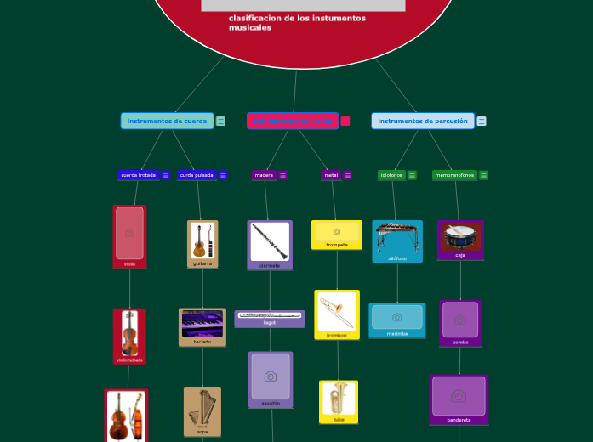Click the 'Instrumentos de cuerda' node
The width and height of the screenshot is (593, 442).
tap(167, 121)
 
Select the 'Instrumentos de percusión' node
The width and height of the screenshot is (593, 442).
tap(422, 121)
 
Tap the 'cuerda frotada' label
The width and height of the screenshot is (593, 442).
tap(138, 175)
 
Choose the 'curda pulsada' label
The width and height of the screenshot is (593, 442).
tap(197, 175)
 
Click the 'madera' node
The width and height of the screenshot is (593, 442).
tap(264, 175)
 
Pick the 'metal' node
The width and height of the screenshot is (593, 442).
tap(331, 175)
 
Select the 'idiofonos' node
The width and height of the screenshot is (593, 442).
tap(391, 175)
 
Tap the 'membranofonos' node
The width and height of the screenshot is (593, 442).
tap(454, 175)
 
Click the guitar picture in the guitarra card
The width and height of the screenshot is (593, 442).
tap(202, 241)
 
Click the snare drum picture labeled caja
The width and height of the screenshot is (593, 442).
tap(460, 236)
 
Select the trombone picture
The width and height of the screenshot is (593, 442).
tap(337, 311)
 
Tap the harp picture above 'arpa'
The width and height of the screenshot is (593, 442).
tap(202, 407)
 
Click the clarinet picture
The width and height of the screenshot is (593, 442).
tap(270, 241)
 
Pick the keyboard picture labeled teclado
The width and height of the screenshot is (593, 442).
tap(202, 324)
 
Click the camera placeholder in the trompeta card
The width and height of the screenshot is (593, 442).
tap(337, 231)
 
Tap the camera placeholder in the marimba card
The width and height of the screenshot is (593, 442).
tap(396, 317)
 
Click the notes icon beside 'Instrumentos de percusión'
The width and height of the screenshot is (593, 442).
tap(482, 122)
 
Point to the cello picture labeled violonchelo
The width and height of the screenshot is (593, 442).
tap(129, 332)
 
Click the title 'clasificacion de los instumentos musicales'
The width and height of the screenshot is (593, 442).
tap(297, 23)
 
